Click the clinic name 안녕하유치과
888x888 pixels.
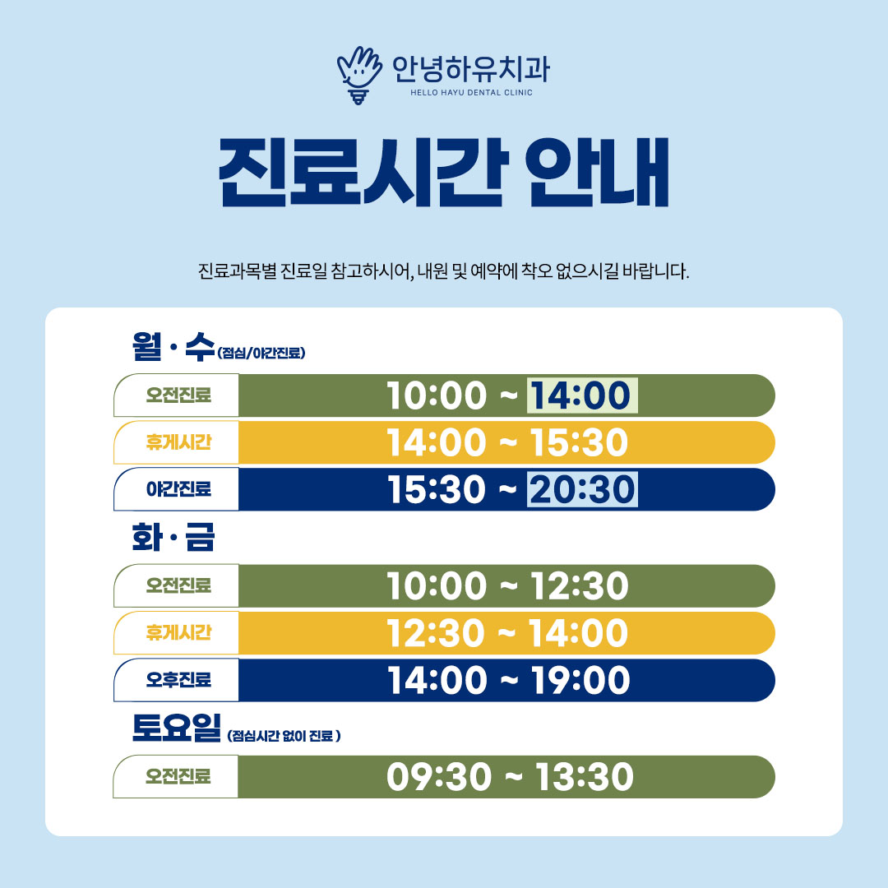tap(471, 68)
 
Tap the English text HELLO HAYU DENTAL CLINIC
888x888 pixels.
tap(471, 92)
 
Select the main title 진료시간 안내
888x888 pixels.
tap(444, 172)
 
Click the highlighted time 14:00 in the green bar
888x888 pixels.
tap(581, 395)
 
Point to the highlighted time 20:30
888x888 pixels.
tap(582, 489)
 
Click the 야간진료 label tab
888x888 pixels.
tap(178, 488)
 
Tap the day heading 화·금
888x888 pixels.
tap(173, 538)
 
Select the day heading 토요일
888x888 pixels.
tap(176, 728)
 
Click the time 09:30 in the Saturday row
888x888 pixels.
tap(439, 776)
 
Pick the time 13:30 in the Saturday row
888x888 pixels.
tap(585, 776)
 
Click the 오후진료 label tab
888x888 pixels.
tap(178, 680)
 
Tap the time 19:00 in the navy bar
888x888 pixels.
tap(580, 680)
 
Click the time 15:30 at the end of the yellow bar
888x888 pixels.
tap(580, 442)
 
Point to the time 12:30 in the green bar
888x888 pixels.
tap(580, 585)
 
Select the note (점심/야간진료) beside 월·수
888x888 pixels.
tap(261, 353)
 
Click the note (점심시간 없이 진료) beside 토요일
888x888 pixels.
tap(284, 736)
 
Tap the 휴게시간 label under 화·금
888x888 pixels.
tap(178, 632)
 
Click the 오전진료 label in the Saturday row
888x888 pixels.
tap(178, 776)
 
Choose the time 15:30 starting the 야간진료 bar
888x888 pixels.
tap(437, 489)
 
